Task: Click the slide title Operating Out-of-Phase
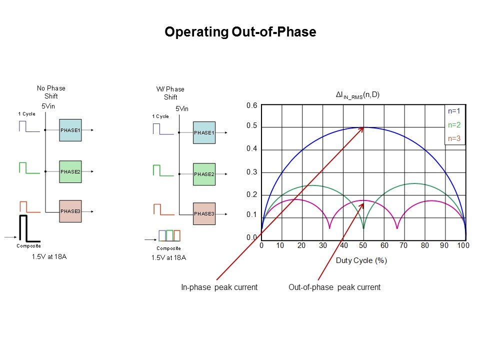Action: coord(240,32)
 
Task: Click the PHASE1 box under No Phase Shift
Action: coord(69,130)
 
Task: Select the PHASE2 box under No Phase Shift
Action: coord(69,171)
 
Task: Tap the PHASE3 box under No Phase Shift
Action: coord(69,211)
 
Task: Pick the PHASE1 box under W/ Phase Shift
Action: coord(204,133)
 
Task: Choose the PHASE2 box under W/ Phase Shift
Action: coord(204,174)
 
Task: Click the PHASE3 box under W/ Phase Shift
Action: coord(204,214)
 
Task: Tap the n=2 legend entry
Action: coord(454,125)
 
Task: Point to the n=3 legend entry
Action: coord(454,138)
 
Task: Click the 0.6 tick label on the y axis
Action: coord(251,106)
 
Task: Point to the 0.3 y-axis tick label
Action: coord(251,172)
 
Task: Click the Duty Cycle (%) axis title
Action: coord(361,260)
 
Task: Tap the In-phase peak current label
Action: coord(219,287)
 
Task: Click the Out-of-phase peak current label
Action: coord(334,287)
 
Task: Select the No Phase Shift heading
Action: coord(51,92)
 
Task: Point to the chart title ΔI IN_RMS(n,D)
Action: coord(357,94)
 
